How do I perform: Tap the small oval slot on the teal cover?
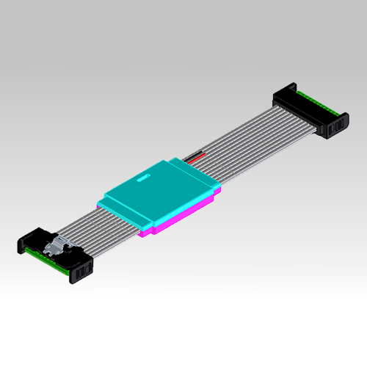pyautogui.click(x=143, y=178)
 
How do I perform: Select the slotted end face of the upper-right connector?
pyautogui.click(x=333, y=128)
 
